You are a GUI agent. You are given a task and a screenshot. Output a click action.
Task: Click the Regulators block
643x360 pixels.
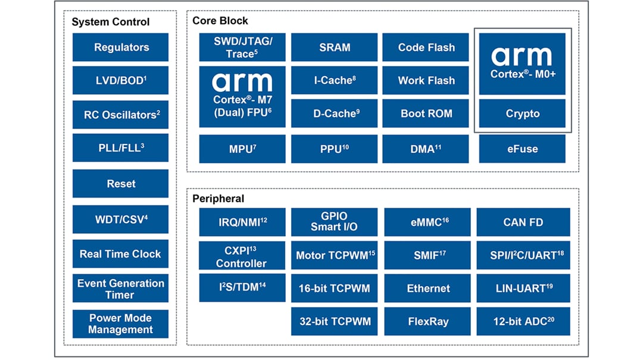coord(120,48)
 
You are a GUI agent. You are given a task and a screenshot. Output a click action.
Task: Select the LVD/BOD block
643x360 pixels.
coord(120,80)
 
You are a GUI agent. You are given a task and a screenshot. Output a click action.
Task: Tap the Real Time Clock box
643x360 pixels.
coord(120,254)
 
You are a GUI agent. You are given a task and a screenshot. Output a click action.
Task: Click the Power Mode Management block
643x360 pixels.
coord(120,324)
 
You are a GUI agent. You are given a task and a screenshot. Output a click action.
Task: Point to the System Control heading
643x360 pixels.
coord(111,22)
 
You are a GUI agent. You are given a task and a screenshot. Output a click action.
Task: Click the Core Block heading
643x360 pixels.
coord(220,21)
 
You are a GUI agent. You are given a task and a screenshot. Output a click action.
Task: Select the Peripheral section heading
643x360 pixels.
coord(219,199)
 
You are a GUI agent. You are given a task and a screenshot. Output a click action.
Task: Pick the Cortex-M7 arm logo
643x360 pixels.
coord(242,82)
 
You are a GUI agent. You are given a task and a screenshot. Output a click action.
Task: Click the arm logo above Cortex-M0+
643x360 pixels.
coord(522,57)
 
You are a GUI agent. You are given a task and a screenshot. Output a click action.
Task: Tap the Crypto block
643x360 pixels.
coord(522,114)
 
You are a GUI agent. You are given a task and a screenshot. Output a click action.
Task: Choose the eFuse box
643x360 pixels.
coord(522,149)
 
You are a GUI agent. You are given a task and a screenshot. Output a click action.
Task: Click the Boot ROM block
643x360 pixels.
coord(426,114)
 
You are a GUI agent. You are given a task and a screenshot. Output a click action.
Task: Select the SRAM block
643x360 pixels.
coord(334,48)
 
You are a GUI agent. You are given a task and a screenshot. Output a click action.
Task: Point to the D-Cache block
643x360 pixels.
coord(334,114)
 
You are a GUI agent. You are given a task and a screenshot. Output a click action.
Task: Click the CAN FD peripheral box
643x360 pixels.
coord(523,223)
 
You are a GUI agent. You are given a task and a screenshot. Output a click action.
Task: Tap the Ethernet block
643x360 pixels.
coord(427,289)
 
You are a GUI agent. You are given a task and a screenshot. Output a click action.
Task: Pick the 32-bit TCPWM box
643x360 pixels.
coord(334,322)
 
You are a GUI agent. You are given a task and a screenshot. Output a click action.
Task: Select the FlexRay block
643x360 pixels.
coord(427,322)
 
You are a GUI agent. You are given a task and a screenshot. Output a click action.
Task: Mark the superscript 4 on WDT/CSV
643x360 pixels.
coord(146,216)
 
